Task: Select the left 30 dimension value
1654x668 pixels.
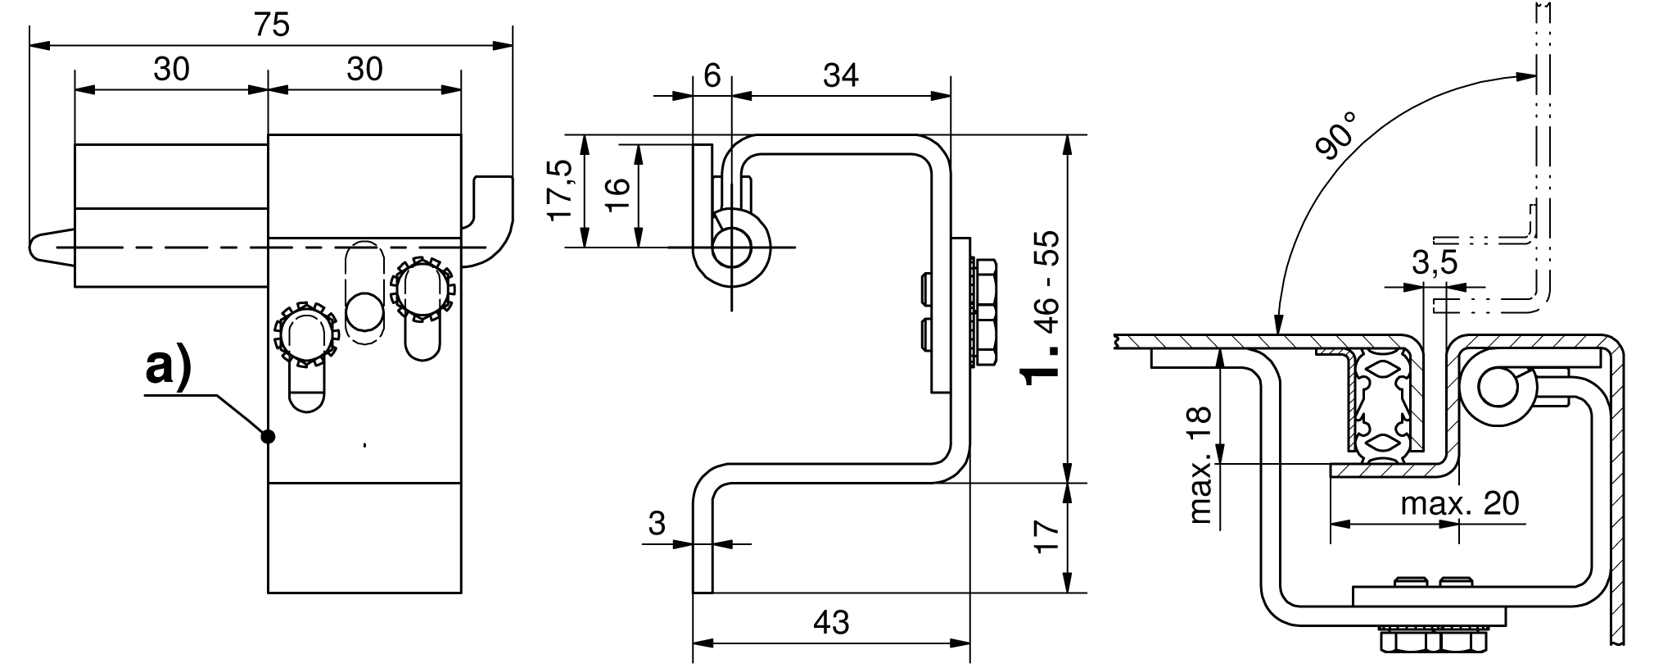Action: pos(171,69)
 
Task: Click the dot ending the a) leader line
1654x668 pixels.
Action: pos(267,436)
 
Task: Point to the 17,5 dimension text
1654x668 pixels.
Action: pos(562,191)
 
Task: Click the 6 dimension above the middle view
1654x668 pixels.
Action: pos(712,75)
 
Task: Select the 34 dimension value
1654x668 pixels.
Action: pos(841,75)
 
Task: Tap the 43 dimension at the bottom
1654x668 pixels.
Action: pos(831,623)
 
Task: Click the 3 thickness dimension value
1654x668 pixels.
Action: pos(657,523)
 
